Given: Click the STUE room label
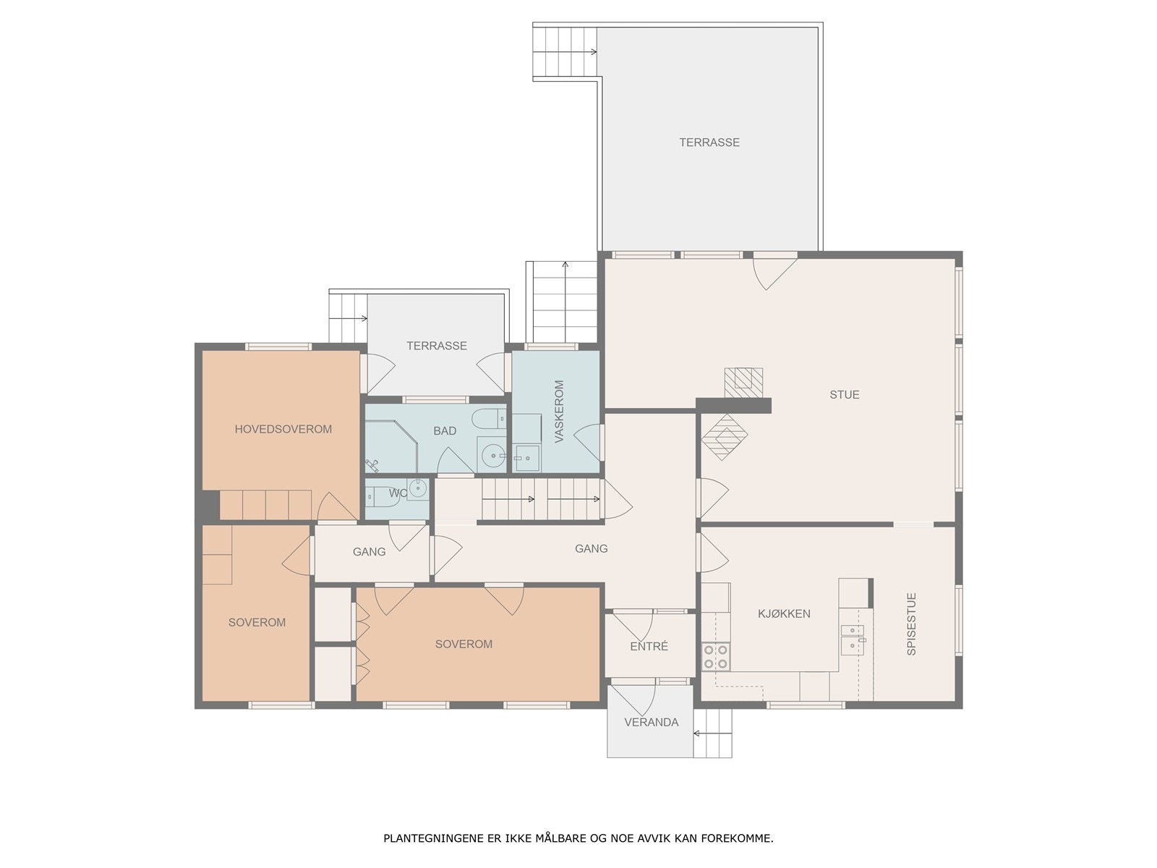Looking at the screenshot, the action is [844, 395].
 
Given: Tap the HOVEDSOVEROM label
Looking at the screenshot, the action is [283, 429].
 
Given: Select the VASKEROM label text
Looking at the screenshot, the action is [559, 411].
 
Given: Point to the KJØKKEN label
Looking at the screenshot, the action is [784, 613].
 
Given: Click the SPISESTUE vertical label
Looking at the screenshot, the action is [911, 624].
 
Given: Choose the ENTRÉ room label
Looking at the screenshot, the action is [649, 646].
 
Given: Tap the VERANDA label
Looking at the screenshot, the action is [651, 722].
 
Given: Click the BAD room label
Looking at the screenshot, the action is [444, 430].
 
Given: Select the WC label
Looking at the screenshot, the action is [398, 493].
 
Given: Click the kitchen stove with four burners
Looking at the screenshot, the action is [715, 657].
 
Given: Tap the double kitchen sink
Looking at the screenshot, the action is [853, 639].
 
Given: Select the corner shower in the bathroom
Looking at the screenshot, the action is [390, 446].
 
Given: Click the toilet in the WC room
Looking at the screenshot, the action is [383, 496].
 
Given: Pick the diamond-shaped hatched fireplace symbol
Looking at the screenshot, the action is [725, 437].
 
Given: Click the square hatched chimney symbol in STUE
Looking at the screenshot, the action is [743, 383].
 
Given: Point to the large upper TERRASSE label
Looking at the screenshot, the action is [709, 142].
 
